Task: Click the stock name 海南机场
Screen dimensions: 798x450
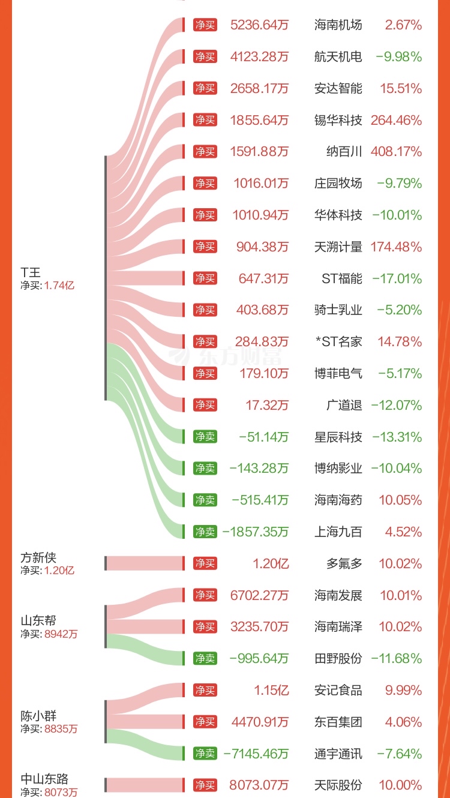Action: click(338, 25)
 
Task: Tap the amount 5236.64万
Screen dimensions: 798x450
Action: click(259, 25)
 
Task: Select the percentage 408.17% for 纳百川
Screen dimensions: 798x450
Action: click(397, 152)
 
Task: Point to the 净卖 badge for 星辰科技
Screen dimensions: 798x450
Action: click(205, 437)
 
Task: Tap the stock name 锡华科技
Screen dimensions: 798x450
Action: click(338, 120)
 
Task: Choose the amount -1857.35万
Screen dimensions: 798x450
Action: click(256, 532)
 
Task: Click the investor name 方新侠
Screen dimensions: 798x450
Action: click(38, 558)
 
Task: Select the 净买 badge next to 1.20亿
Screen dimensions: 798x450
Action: click(205, 563)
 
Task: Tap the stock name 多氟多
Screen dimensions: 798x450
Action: click(344, 563)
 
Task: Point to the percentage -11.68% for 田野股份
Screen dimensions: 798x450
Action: click(397, 658)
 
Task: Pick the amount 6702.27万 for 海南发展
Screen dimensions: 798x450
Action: click(259, 595)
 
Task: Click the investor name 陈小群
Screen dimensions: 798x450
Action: click(38, 716)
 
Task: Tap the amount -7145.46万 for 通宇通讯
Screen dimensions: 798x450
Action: click(256, 754)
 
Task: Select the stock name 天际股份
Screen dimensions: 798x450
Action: click(338, 785)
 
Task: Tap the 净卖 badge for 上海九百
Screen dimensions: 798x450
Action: click(205, 532)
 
